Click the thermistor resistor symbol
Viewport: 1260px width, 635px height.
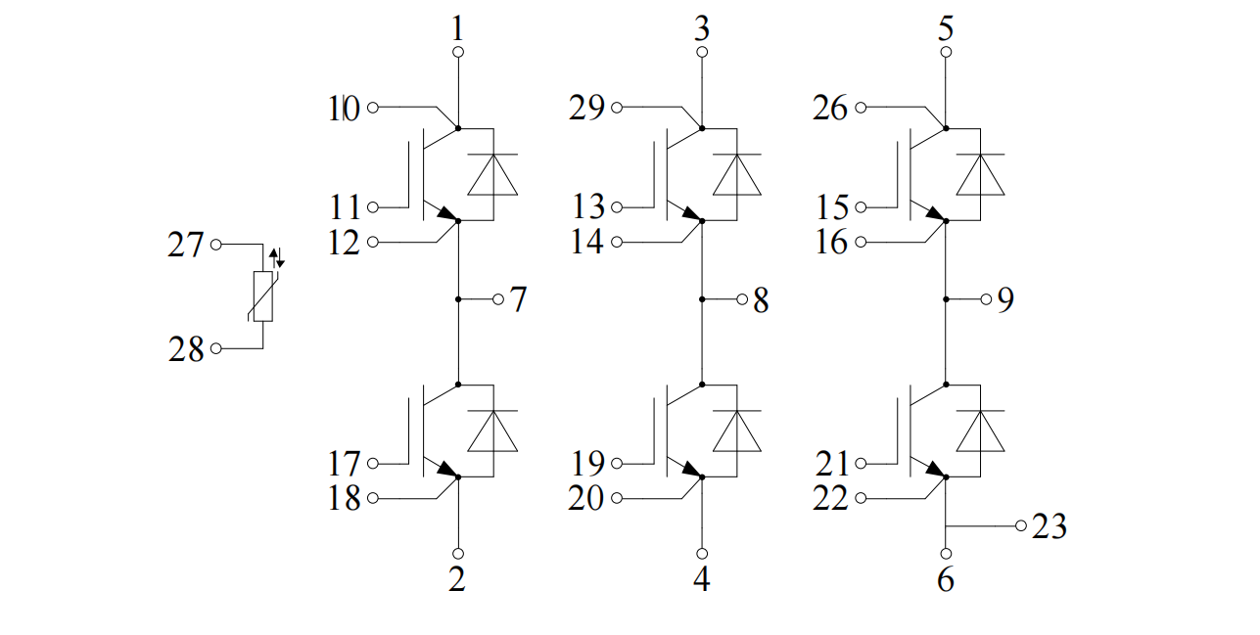tap(262, 296)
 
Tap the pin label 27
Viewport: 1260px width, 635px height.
tap(186, 245)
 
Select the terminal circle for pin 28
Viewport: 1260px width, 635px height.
tap(216, 348)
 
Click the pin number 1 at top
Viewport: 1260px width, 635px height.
tap(458, 28)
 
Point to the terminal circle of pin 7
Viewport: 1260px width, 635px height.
tap(497, 299)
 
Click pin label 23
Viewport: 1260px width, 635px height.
tap(1050, 526)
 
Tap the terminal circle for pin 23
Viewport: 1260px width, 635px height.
tap(1021, 526)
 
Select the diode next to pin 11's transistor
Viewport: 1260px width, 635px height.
tap(492, 174)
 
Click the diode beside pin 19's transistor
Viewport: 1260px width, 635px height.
tap(737, 431)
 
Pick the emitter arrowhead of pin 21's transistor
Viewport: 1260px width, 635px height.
tap(935, 468)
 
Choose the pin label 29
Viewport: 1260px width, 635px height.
tap(586, 108)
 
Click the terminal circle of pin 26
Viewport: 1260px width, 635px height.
tap(861, 108)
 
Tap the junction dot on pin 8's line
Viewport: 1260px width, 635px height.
tap(702, 299)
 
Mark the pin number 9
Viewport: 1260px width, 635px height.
tap(1005, 299)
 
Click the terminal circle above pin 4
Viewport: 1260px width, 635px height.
tap(702, 554)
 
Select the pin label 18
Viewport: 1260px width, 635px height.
tap(344, 498)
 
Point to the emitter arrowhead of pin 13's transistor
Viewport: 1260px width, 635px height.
tap(691, 212)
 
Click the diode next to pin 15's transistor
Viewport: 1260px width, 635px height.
tap(980, 174)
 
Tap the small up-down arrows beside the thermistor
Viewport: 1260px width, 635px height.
tap(277, 258)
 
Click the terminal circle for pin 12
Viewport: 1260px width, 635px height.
tap(372, 243)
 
